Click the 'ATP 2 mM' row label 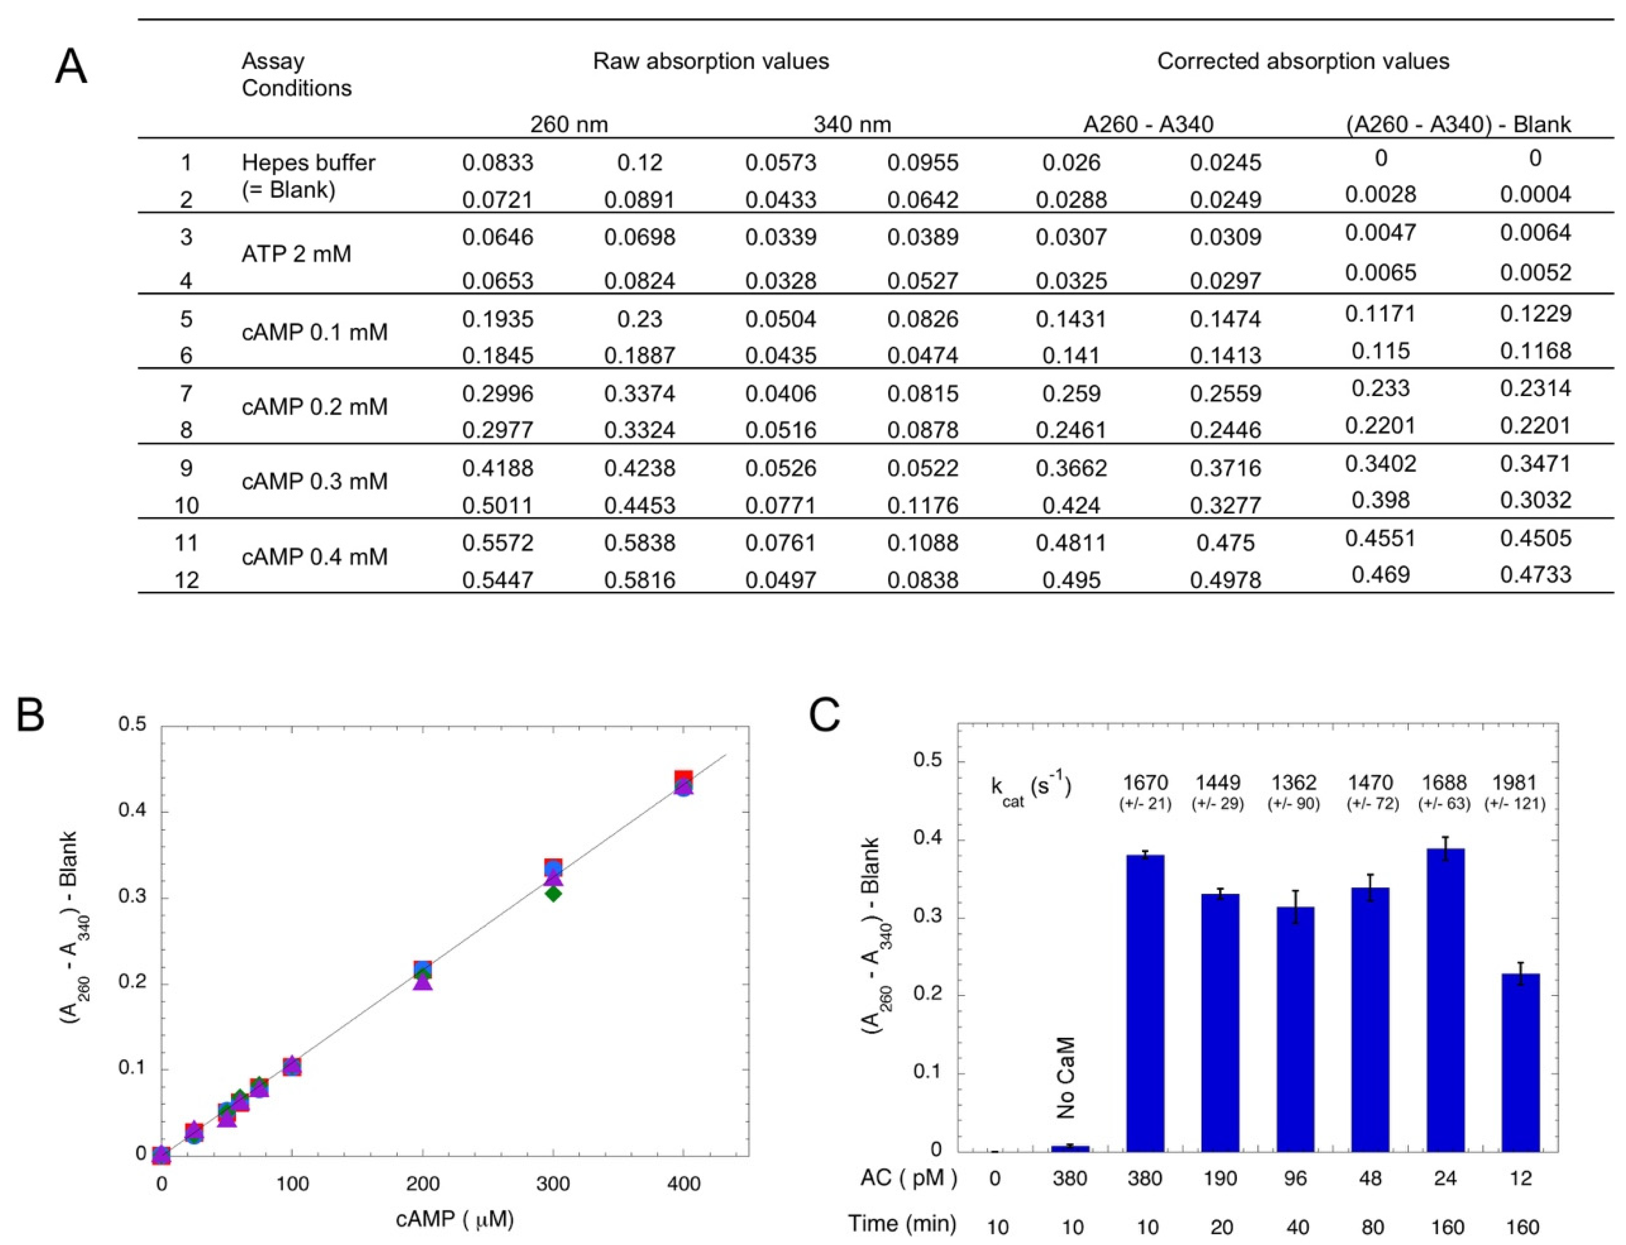(296, 254)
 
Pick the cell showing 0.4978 (1225, 579)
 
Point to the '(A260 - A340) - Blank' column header (1458, 124)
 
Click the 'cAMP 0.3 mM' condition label (314, 482)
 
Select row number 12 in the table (186, 579)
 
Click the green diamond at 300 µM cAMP (553, 894)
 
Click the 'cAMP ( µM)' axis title (455, 1219)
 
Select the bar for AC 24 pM (1445, 1000)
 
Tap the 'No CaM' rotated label (1065, 1078)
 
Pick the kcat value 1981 (1514, 782)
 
